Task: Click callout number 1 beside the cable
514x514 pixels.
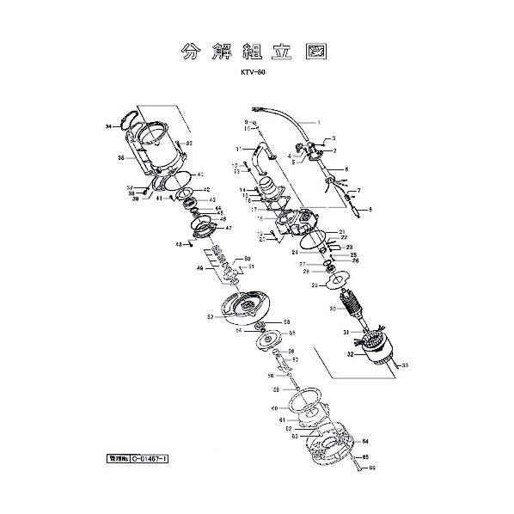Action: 317,123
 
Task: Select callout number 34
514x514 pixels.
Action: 108,126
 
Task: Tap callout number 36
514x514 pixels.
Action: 120,158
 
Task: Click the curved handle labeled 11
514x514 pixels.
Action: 261,155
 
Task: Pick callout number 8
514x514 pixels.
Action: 369,209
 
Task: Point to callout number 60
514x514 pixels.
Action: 274,408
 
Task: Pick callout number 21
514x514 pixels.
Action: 341,232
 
